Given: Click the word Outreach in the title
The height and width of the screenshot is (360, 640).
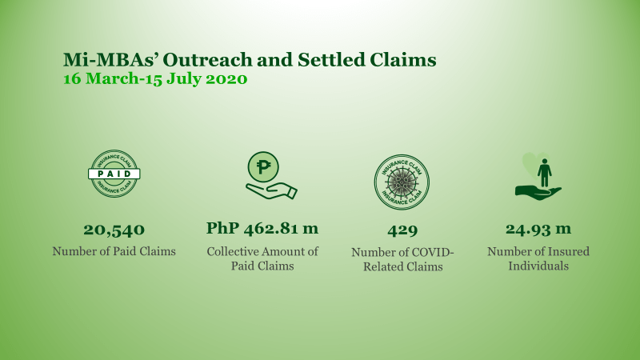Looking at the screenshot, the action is [x=208, y=59].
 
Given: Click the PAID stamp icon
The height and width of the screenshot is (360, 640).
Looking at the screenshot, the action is [x=114, y=174].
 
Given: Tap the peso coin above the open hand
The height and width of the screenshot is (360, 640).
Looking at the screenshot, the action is [x=263, y=166].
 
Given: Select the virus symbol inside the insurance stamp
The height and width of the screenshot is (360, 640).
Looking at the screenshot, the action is [x=402, y=182].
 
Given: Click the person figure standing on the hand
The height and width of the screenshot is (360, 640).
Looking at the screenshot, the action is [x=545, y=172].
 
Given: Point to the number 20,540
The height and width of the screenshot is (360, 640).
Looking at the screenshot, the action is [x=114, y=230].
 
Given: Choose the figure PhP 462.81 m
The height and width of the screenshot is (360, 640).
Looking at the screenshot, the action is [x=262, y=228].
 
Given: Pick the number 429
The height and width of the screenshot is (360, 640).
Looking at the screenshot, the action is [x=402, y=230].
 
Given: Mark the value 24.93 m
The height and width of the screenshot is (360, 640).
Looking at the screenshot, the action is [x=538, y=229].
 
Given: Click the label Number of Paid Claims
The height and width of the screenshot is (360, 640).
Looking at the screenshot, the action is [x=114, y=251].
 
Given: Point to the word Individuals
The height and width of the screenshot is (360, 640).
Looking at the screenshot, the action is [x=538, y=266].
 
